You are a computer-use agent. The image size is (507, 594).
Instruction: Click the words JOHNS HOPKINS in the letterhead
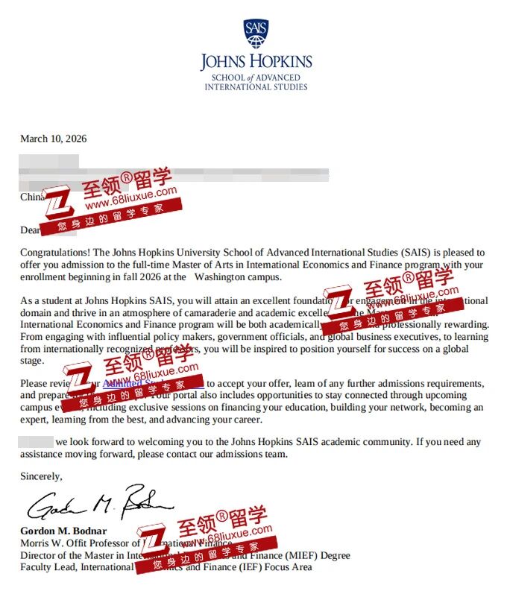tap(256, 62)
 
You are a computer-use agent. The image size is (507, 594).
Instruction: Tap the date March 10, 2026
tap(54, 139)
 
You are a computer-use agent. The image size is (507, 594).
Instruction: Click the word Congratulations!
tap(55, 253)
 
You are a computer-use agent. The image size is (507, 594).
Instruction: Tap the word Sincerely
tap(42, 475)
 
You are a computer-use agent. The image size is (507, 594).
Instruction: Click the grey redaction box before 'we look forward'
tap(36, 442)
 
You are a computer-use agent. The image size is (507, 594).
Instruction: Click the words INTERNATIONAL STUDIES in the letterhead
tap(256, 87)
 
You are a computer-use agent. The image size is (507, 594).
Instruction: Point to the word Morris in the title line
tap(35, 543)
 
